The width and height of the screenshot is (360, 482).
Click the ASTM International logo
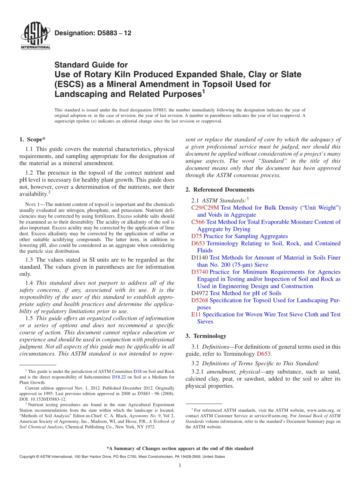(35, 36)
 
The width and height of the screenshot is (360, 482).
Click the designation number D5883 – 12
(93, 33)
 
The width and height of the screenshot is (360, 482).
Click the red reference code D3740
(200, 272)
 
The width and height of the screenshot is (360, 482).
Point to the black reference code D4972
(200, 293)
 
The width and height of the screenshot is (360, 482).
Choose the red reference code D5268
(200, 300)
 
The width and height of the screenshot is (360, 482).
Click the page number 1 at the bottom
(180, 465)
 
